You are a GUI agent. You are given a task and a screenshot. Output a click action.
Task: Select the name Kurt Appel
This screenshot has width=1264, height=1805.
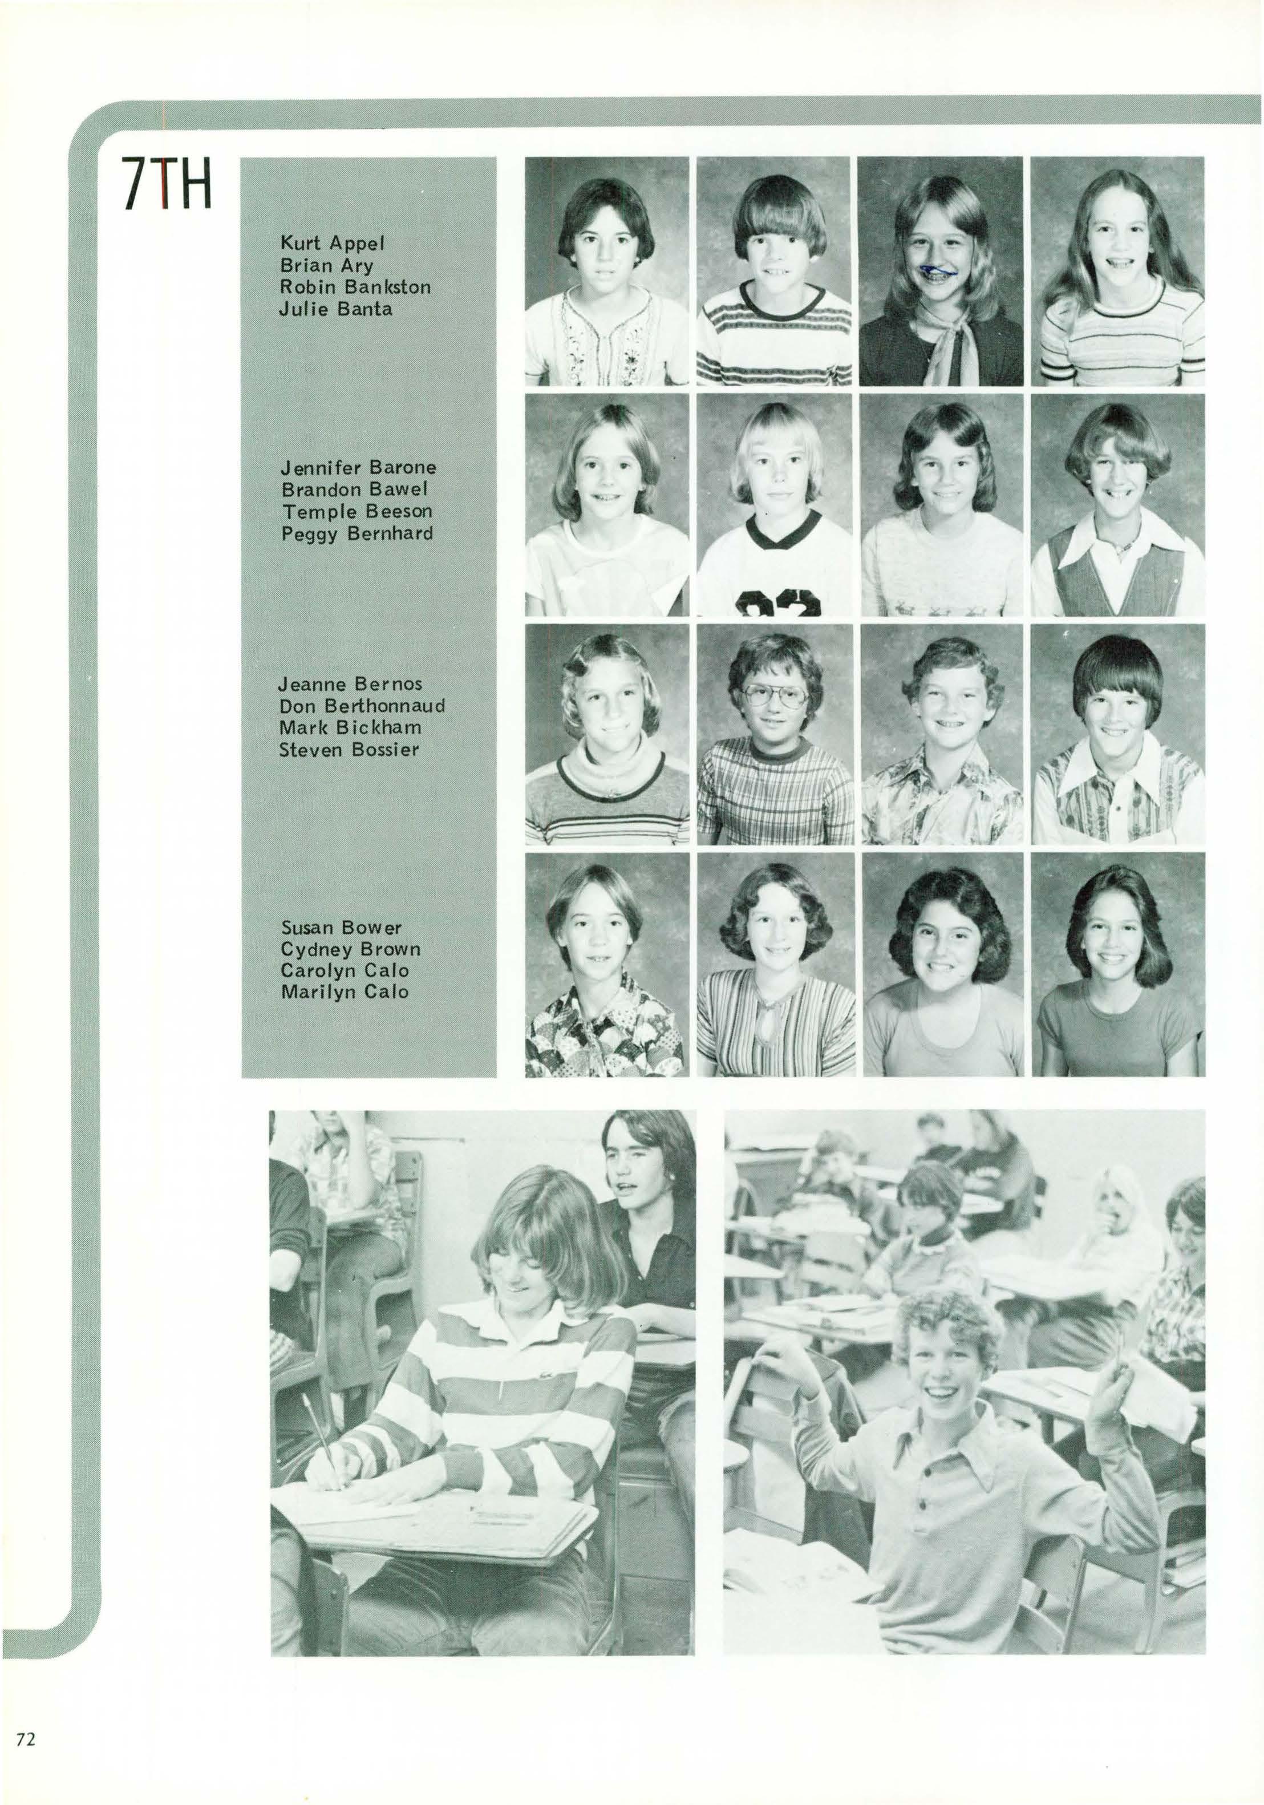click(x=333, y=243)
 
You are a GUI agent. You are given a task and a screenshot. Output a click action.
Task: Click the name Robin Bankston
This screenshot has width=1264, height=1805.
click(x=355, y=287)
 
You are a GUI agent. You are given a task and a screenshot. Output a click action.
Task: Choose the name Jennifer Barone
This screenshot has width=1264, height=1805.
click(x=358, y=468)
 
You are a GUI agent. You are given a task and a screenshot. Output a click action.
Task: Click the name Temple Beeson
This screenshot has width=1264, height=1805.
click(x=357, y=512)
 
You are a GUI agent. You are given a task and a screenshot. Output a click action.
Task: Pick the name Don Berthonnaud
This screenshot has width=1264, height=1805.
click(x=362, y=705)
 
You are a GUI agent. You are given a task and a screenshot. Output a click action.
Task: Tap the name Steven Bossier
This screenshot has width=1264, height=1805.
click(x=350, y=749)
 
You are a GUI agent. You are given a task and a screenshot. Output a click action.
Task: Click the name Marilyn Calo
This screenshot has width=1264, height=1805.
click(x=345, y=992)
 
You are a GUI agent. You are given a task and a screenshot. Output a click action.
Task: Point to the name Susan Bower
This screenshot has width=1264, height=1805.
click(x=341, y=927)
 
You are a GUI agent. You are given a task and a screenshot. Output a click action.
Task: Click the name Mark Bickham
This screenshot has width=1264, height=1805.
click(x=351, y=727)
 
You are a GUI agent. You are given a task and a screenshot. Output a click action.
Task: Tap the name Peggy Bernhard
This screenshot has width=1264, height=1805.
click(x=358, y=534)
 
